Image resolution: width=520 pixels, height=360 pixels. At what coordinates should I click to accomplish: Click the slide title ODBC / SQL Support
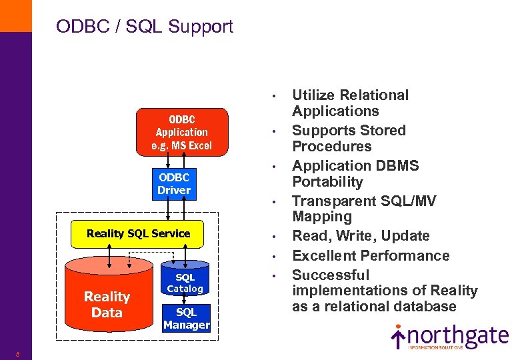click(145, 27)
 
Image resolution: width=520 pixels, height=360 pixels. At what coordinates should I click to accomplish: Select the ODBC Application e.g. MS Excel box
click(182, 132)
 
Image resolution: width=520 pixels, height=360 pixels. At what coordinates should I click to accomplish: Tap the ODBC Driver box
click(174, 184)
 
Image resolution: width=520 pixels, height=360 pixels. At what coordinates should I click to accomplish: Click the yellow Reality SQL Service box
click(138, 233)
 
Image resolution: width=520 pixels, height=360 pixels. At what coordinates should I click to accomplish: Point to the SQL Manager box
click(186, 319)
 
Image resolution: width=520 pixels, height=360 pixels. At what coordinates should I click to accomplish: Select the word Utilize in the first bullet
click(315, 95)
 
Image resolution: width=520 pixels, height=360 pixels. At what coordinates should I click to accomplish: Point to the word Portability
click(327, 182)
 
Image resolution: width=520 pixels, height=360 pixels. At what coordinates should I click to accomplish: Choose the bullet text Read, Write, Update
click(361, 236)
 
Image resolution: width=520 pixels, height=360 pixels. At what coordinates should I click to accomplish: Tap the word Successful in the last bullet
click(330, 275)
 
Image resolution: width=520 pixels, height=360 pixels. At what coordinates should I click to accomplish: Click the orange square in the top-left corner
click(15, 15)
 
